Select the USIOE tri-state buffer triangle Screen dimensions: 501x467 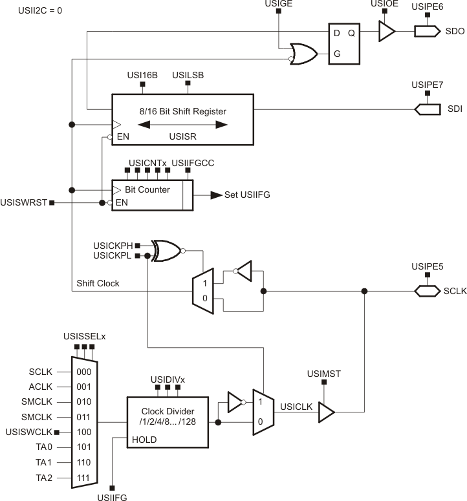pyautogui.click(x=386, y=31)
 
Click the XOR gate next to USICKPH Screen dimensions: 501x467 pyautogui.click(x=166, y=251)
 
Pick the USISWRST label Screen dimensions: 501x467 pyautogui.click(x=24, y=203)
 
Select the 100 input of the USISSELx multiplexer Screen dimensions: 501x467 pyautogui.click(x=85, y=432)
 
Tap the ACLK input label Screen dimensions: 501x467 pyautogui.click(x=39, y=387)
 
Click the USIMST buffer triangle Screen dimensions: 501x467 pyautogui.click(x=326, y=413)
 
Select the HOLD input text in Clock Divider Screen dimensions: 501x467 pyautogui.click(x=144, y=440)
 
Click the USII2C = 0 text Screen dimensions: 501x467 pyautogui.click(x=27, y=10)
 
